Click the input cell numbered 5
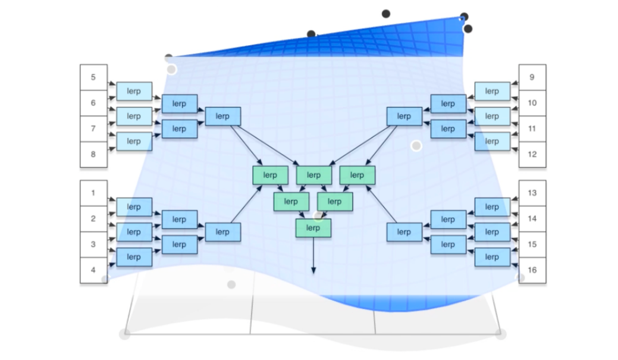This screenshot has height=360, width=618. point(93,77)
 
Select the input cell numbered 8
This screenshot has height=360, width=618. point(93,155)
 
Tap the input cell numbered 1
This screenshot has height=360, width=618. point(93,193)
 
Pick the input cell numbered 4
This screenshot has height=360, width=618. point(93,270)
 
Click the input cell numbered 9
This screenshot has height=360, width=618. point(532,77)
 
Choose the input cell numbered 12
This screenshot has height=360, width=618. point(532,155)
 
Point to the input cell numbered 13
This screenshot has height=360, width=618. point(532,193)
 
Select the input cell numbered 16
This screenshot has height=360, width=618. point(532,270)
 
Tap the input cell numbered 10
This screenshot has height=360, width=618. point(532,103)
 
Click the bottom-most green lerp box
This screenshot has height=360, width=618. point(313,228)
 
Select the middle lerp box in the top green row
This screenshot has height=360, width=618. point(313,175)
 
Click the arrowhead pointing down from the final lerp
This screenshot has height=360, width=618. point(313,271)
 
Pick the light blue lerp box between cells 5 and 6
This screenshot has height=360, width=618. point(134,92)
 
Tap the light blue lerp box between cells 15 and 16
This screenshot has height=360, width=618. point(492,257)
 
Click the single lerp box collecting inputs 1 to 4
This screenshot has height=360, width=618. point(222,232)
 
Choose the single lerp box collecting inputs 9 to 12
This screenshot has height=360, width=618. point(404,116)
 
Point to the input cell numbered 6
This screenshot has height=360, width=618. point(93,103)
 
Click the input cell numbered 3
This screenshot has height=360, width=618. point(93,245)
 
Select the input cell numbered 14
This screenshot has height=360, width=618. point(532,219)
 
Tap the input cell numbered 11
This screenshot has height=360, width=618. point(532,129)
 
